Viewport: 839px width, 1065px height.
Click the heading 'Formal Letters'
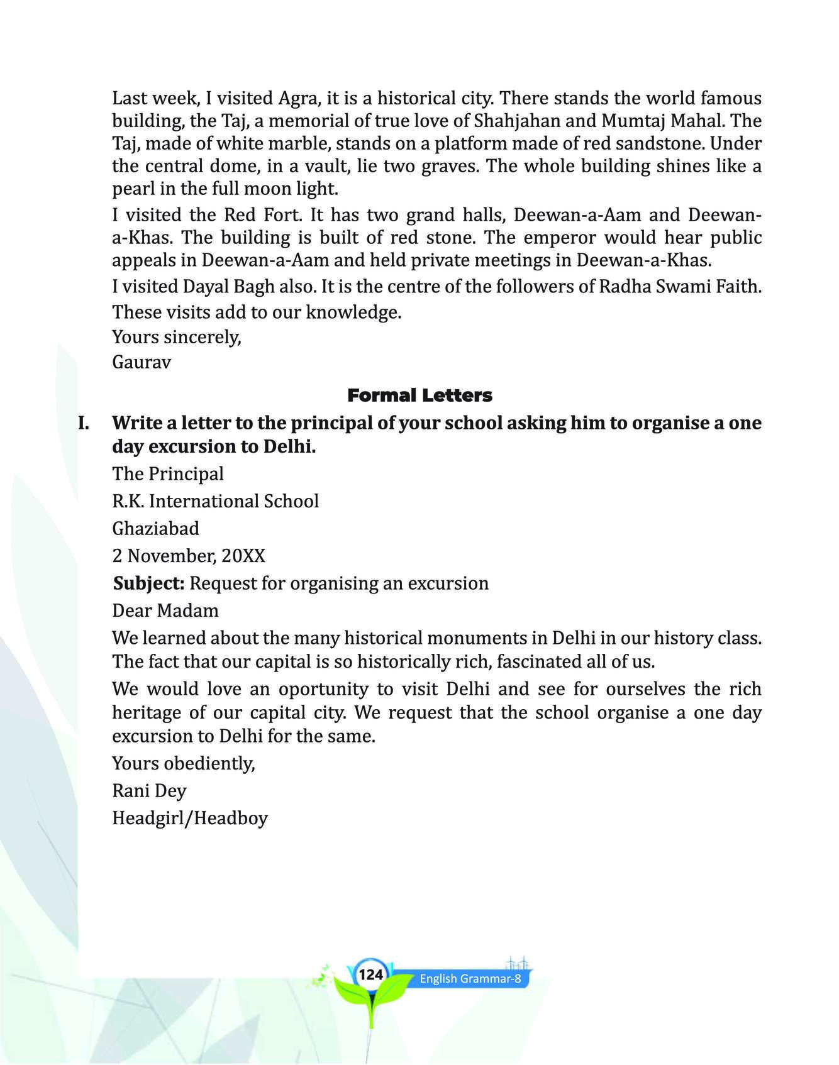coord(419,395)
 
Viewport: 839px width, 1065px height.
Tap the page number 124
coord(370,975)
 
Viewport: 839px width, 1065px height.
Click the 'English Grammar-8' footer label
coord(470,979)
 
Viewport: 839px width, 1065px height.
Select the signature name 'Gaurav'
coord(142,362)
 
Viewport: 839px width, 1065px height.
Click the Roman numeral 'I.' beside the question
coord(84,423)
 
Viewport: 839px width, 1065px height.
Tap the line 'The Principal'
coord(168,473)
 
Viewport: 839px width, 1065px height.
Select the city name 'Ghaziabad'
coord(155,528)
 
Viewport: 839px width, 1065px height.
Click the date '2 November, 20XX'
coord(189,556)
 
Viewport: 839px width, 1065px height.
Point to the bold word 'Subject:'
coord(148,583)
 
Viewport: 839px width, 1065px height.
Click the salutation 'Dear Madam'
coord(165,610)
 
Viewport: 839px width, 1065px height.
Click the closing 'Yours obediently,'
coord(183,763)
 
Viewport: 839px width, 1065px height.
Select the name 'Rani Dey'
coord(149,791)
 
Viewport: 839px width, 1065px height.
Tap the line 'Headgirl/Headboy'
coord(190,819)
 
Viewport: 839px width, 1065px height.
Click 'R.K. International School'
coord(216,501)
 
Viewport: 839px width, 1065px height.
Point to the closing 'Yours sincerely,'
coord(177,337)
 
